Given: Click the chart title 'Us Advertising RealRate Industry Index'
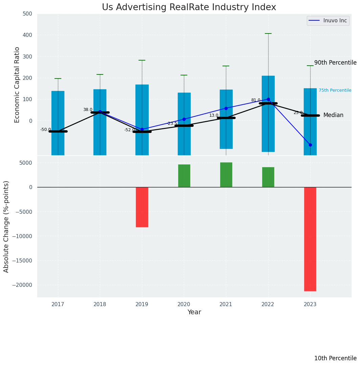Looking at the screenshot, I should click(x=189, y=7).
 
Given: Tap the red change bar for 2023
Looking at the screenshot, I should click(x=310, y=239).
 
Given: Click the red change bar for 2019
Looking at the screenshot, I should click(x=142, y=207).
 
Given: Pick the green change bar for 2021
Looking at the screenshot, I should click(x=226, y=175).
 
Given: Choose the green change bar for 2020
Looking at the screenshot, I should click(x=184, y=176).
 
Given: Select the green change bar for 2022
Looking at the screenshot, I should click(x=268, y=177).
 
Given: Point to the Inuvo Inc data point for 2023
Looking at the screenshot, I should click(x=310, y=145).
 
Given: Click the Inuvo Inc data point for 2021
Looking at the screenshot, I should click(x=226, y=108).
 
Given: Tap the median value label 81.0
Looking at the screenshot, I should click(x=256, y=100).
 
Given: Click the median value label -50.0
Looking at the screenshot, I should click(x=45, y=130).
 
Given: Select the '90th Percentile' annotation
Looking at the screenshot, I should click(x=335, y=63).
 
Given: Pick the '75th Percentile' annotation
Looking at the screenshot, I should click(x=335, y=90).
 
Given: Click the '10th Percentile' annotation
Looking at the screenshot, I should click(x=335, y=358).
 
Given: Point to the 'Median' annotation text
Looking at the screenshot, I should click(x=333, y=115).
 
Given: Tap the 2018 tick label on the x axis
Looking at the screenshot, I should click(x=100, y=304).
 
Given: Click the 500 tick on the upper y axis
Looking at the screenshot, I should click(x=27, y=14).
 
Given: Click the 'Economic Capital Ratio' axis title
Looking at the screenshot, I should click(x=17, y=85).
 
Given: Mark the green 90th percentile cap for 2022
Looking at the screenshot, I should click(x=268, y=33).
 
